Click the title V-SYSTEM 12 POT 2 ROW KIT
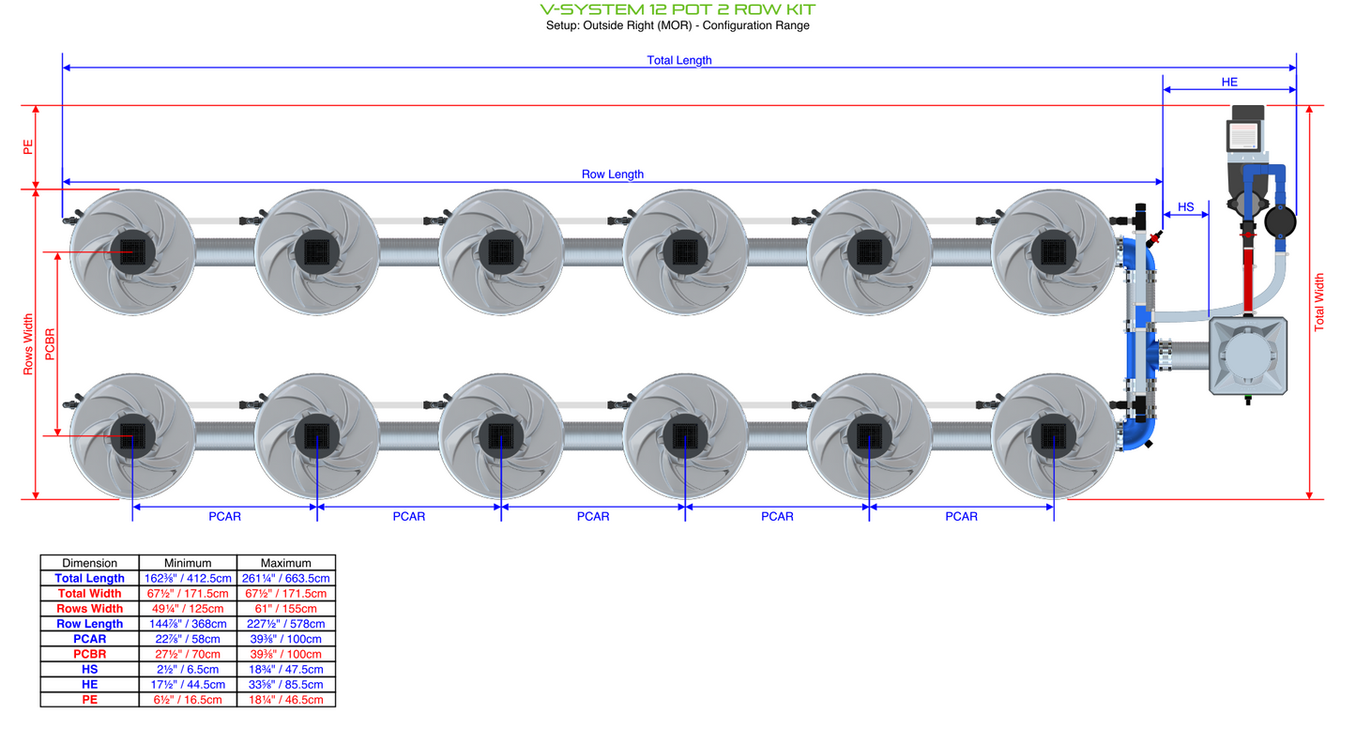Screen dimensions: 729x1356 click(678, 9)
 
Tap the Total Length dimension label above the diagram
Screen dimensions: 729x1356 click(678, 60)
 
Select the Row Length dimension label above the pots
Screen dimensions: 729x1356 click(612, 175)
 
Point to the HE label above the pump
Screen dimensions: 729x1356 click(1228, 83)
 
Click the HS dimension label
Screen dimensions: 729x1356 click(1185, 207)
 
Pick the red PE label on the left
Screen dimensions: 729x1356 click(28, 146)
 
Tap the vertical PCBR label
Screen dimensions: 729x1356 click(50, 343)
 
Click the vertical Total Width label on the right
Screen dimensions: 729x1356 click(1319, 302)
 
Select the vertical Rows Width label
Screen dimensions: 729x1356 click(28, 344)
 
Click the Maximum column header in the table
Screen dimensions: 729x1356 click(285, 563)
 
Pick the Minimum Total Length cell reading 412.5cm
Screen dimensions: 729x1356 click(188, 579)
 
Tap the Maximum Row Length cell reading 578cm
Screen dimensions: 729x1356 click(285, 624)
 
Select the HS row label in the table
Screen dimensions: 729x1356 click(89, 669)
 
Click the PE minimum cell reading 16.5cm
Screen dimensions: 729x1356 click(188, 699)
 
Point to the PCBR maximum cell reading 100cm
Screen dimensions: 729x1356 click(285, 654)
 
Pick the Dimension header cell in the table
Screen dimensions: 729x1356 click(89, 563)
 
